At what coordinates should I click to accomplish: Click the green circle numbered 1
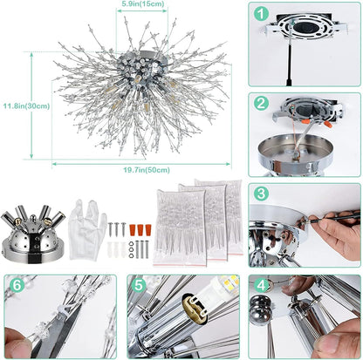[x=260, y=14]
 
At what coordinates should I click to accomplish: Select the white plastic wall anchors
[x=113, y=248]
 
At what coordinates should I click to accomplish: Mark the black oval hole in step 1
[x=305, y=27]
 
